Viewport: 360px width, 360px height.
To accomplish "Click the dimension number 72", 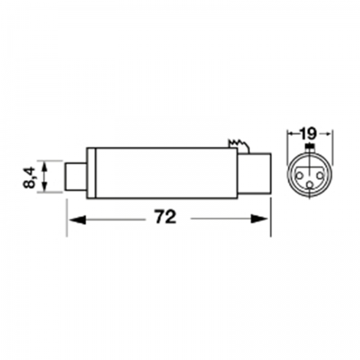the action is [x=166, y=217].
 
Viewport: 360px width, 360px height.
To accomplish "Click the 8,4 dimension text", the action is [x=29, y=178].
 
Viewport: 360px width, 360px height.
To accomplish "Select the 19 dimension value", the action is [x=308, y=134].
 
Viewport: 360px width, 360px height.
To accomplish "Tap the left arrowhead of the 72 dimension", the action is [x=77, y=220].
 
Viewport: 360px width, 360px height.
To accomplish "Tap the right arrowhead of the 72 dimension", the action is [x=259, y=219].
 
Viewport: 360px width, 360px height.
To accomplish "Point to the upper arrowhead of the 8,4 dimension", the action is [x=44, y=167].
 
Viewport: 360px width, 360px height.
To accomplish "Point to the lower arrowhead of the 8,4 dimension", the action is [x=44, y=185].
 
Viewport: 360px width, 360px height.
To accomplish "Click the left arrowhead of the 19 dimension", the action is [x=292, y=133].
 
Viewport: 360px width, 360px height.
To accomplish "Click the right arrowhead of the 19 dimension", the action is [x=326, y=133].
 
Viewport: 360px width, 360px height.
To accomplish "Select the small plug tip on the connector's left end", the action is [x=76, y=177].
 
